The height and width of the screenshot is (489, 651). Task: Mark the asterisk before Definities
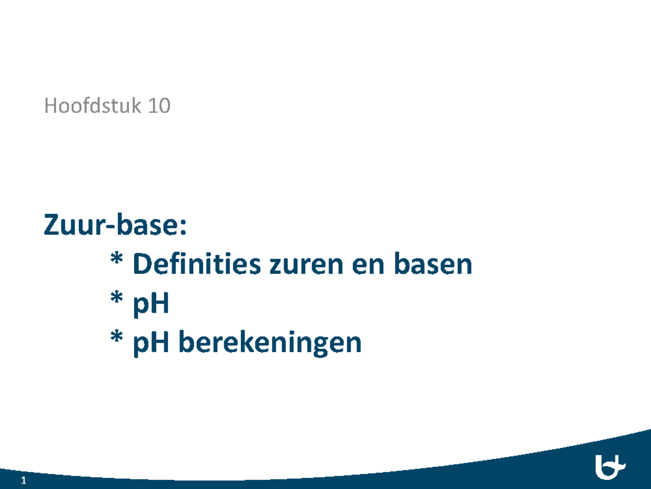click(116, 261)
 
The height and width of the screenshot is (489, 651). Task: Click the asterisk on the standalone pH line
click(116, 300)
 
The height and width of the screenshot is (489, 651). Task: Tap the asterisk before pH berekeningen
click(116, 338)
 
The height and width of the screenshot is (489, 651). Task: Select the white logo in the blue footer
click(610, 466)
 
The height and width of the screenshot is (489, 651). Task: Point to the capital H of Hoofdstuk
click(50, 106)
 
